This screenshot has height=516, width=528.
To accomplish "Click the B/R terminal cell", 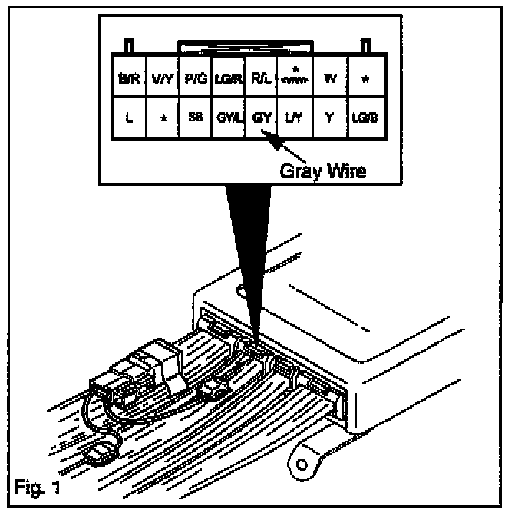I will pos(128,78).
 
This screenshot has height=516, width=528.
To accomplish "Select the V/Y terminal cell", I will pos(161,78).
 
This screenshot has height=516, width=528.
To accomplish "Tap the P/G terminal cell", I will pos(195,78).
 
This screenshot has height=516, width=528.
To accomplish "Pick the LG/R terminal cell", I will pos(228,78).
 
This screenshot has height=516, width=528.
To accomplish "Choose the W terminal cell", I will pos(330,78).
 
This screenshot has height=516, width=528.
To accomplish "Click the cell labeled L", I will pos(128,119).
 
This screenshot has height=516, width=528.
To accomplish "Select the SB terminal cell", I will pos(195,119).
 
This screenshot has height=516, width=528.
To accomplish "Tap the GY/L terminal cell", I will pos(228,119).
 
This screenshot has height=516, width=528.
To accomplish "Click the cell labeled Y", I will pos(330,119).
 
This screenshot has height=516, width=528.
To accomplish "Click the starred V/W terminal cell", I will pos(295,78).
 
